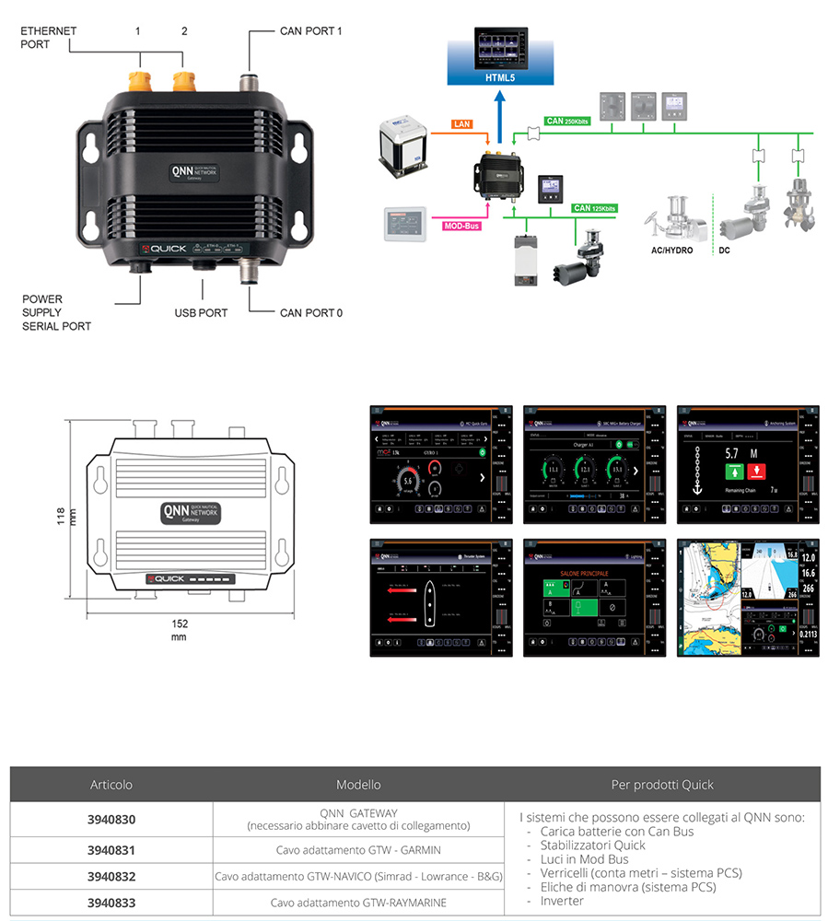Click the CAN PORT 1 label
[x=310, y=31]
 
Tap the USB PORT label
[x=201, y=313]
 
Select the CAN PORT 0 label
[x=310, y=313]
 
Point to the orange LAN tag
[x=461, y=123]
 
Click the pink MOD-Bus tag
[x=460, y=224]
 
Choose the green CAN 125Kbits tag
[x=593, y=209]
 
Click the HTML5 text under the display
[x=501, y=78]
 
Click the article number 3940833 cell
[x=111, y=903]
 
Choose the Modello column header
[x=358, y=785]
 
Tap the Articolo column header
[x=111, y=785]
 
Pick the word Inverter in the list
[x=562, y=901]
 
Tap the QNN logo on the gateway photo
[x=181, y=173]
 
